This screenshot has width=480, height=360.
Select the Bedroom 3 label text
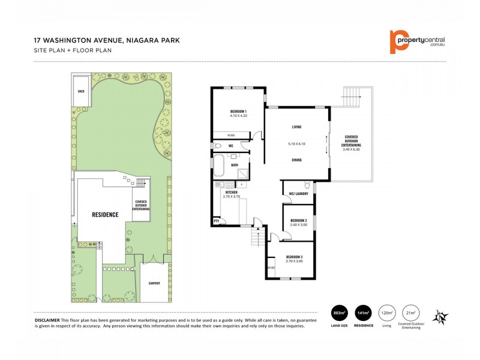(x=294, y=258)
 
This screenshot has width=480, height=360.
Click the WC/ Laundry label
(x=298, y=193)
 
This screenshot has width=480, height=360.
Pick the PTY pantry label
(x=216, y=221)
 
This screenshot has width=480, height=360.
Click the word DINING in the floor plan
(x=296, y=160)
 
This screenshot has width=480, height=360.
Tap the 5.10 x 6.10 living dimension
(x=296, y=144)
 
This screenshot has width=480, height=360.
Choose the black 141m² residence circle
(x=364, y=313)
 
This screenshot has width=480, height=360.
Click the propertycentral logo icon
(x=396, y=41)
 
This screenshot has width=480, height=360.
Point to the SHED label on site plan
(x=80, y=92)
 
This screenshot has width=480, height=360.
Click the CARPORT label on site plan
(x=154, y=283)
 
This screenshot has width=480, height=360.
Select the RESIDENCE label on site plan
(x=104, y=214)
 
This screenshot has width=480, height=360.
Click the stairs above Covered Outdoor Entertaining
(x=350, y=95)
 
